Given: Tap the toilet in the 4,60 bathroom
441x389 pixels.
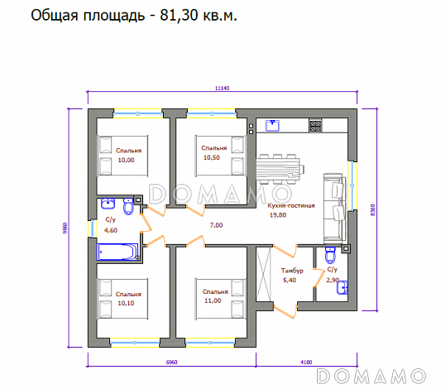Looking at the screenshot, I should tap(128, 204).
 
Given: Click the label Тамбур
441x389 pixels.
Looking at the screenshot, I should tap(291, 271).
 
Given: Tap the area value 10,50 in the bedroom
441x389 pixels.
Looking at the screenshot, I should tap(212, 157).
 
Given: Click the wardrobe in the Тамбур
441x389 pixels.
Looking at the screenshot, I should tap(266, 277).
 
